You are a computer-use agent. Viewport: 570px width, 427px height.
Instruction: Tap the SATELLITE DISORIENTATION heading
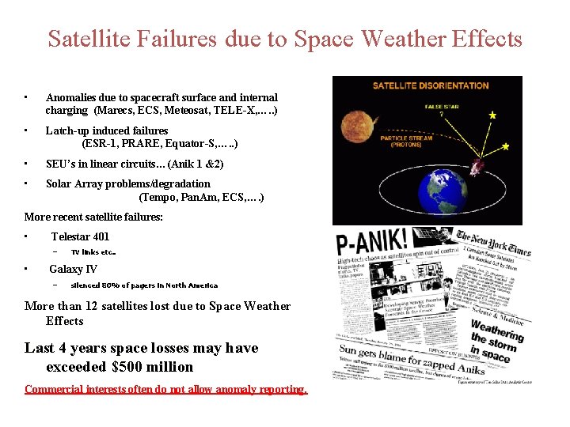coord(431,85)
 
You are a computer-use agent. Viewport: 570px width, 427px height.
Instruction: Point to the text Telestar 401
coord(80,236)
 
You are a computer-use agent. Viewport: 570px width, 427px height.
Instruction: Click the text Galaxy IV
coord(73,270)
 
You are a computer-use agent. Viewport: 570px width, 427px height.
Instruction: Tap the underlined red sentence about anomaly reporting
coord(165,389)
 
